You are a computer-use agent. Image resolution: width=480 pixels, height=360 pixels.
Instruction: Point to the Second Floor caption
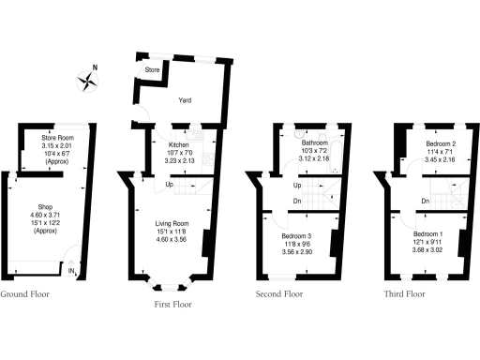(x=279, y=294)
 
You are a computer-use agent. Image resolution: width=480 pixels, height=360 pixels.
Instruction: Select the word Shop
(x=45, y=206)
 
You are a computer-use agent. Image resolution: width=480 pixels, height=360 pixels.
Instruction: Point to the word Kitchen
(x=179, y=145)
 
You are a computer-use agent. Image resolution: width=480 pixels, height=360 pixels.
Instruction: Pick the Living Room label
(x=172, y=223)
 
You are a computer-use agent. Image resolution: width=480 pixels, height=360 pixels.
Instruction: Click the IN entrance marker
(x=71, y=273)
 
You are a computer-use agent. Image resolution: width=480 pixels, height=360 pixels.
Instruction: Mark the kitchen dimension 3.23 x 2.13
(x=179, y=160)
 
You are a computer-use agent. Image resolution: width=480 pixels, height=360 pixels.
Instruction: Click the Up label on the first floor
(x=169, y=184)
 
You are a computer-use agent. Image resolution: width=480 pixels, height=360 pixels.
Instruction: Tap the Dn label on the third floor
(x=425, y=201)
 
